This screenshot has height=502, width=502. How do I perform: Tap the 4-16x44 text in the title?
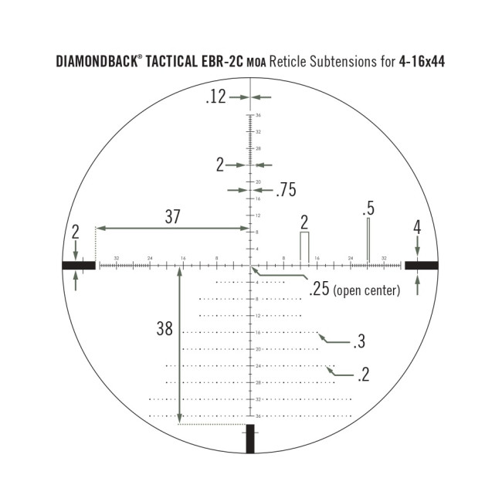point(422,62)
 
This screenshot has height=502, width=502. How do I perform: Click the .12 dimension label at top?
point(215,97)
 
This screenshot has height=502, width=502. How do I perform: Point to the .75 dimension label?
point(285,189)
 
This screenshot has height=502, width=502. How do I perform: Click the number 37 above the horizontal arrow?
point(172,217)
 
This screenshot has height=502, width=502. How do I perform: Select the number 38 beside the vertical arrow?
point(165,328)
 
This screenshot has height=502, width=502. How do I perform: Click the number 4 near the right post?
point(417,228)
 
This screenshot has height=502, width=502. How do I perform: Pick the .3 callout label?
point(358,342)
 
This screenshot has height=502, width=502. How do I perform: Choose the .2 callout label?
point(363,375)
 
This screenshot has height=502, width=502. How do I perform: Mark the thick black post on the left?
point(79,265)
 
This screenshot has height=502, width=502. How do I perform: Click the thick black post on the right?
point(421,265)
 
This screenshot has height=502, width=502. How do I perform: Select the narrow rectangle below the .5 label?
point(368,239)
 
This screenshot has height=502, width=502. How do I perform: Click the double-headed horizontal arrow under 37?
point(171,228)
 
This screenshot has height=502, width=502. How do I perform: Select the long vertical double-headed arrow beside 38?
point(180,344)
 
